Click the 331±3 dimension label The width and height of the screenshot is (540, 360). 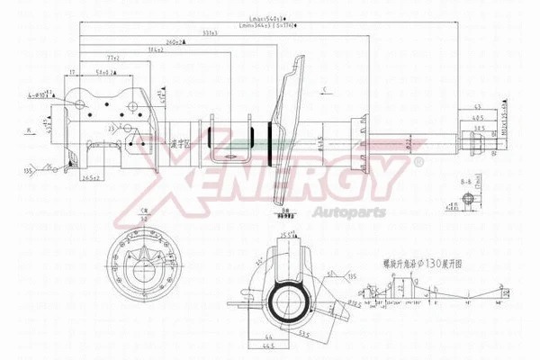coord(211,33)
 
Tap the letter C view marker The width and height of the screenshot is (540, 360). coord(325,87)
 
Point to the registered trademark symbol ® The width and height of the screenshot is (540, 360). coord(418,162)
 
